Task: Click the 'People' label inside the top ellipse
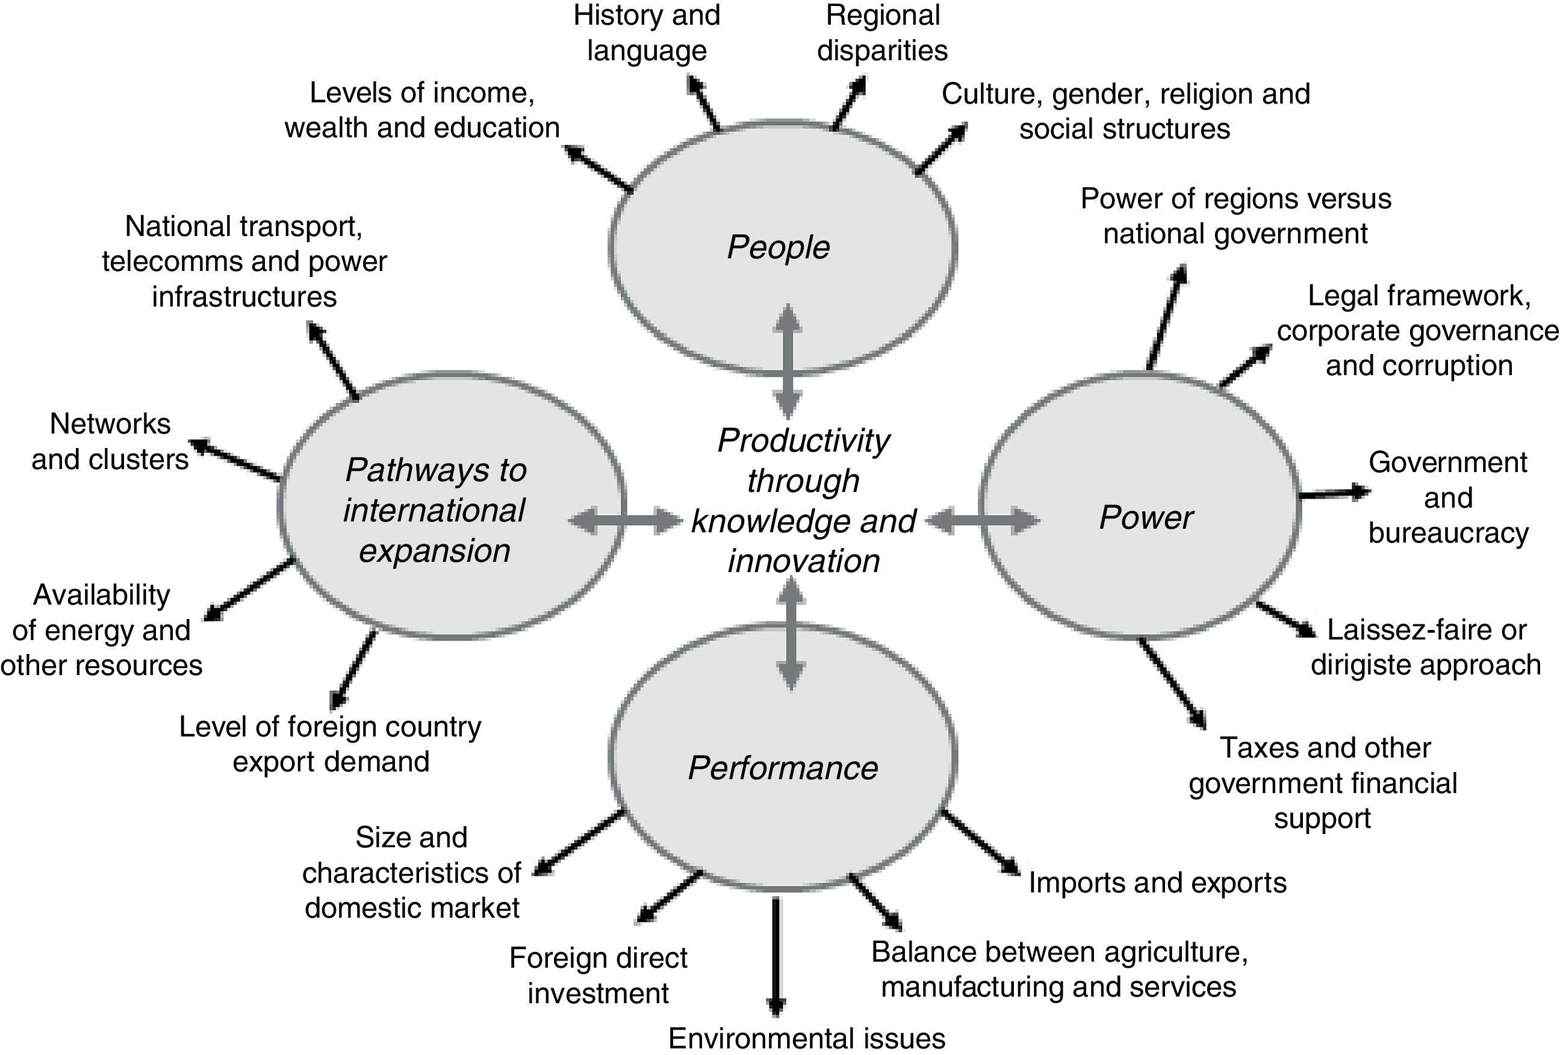click(778, 247)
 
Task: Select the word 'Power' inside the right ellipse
click(1145, 518)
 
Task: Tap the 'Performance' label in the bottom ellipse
click(783, 768)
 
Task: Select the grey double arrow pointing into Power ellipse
click(983, 520)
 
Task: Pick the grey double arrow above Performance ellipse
click(791, 634)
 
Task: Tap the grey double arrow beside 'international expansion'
click(624, 520)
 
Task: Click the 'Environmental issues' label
click(806, 1038)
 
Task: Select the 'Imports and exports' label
click(1157, 882)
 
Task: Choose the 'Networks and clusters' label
click(110, 442)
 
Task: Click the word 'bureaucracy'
click(1448, 533)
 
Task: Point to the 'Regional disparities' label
click(882, 33)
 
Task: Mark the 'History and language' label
click(647, 33)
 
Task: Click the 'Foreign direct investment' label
click(597, 975)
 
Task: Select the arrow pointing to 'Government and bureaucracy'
click(1333, 494)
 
